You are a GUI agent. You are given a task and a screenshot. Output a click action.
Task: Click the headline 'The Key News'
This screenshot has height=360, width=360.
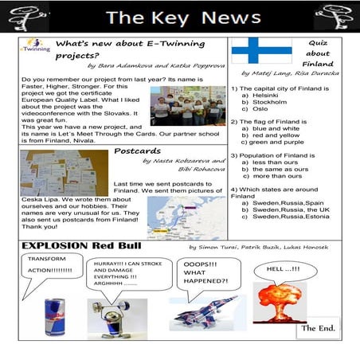tap(182, 17)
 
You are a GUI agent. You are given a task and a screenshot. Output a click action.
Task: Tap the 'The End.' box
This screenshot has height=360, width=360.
tap(318, 327)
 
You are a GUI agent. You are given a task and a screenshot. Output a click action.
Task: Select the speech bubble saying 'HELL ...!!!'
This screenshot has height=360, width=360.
tap(285, 269)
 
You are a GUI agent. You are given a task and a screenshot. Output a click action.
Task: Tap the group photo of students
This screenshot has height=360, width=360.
tap(188, 106)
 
